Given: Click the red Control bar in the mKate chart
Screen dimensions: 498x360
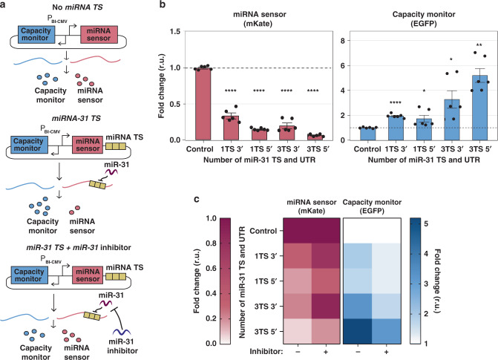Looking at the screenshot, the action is pyautogui.click(x=203, y=104).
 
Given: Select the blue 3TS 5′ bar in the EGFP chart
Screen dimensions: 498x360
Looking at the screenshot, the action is pyautogui.click(x=479, y=108).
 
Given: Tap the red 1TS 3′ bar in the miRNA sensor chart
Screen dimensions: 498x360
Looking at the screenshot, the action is pyautogui.click(x=232, y=128).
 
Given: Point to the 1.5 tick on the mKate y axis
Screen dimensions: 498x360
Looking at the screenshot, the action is pyautogui.click(x=175, y=31).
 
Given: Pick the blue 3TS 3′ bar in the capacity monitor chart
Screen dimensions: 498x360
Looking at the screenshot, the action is pyautogui.click(x=452, y=120).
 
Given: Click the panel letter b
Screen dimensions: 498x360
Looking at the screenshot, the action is pyautogui.click(x=163, y=4).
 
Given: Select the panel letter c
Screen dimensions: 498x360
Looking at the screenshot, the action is pyautogui.click(x=197, y=199).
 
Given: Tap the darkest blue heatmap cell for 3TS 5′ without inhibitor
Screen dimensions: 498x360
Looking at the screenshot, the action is pyautogui.click(x=358, y=331).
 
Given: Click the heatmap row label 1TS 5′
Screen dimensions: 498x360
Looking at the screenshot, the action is pyautogui.click(x=266, y=281).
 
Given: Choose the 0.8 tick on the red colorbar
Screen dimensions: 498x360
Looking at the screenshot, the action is pyautogui.click(x=211, y=243).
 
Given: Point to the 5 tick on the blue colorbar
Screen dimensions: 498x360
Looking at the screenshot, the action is pyautogui.click(x=426, y=224).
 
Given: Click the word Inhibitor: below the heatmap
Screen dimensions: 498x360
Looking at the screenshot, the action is pyautogui.click(x=266, y=352).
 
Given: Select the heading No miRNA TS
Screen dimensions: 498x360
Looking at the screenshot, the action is pyautogui.click(x=77, y=7).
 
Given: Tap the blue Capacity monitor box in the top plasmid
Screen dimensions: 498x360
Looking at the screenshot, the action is pyautogui.click(x=36, y=35).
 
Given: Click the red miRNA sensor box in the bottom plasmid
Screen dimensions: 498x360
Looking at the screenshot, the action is pyautogui.click(x=88, y=275).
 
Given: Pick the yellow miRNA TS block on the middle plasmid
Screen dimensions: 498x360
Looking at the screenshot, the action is pyautogui.click(x=116, y=146).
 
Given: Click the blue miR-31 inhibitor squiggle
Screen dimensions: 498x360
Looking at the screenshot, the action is pyautogui.click(x=122, y=332).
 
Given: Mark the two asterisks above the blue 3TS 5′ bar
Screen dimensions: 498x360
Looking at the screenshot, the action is pyautogui.click(x=479, y=45).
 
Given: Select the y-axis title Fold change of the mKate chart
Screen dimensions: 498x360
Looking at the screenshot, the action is pyautogui.click(x=161, y=95).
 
